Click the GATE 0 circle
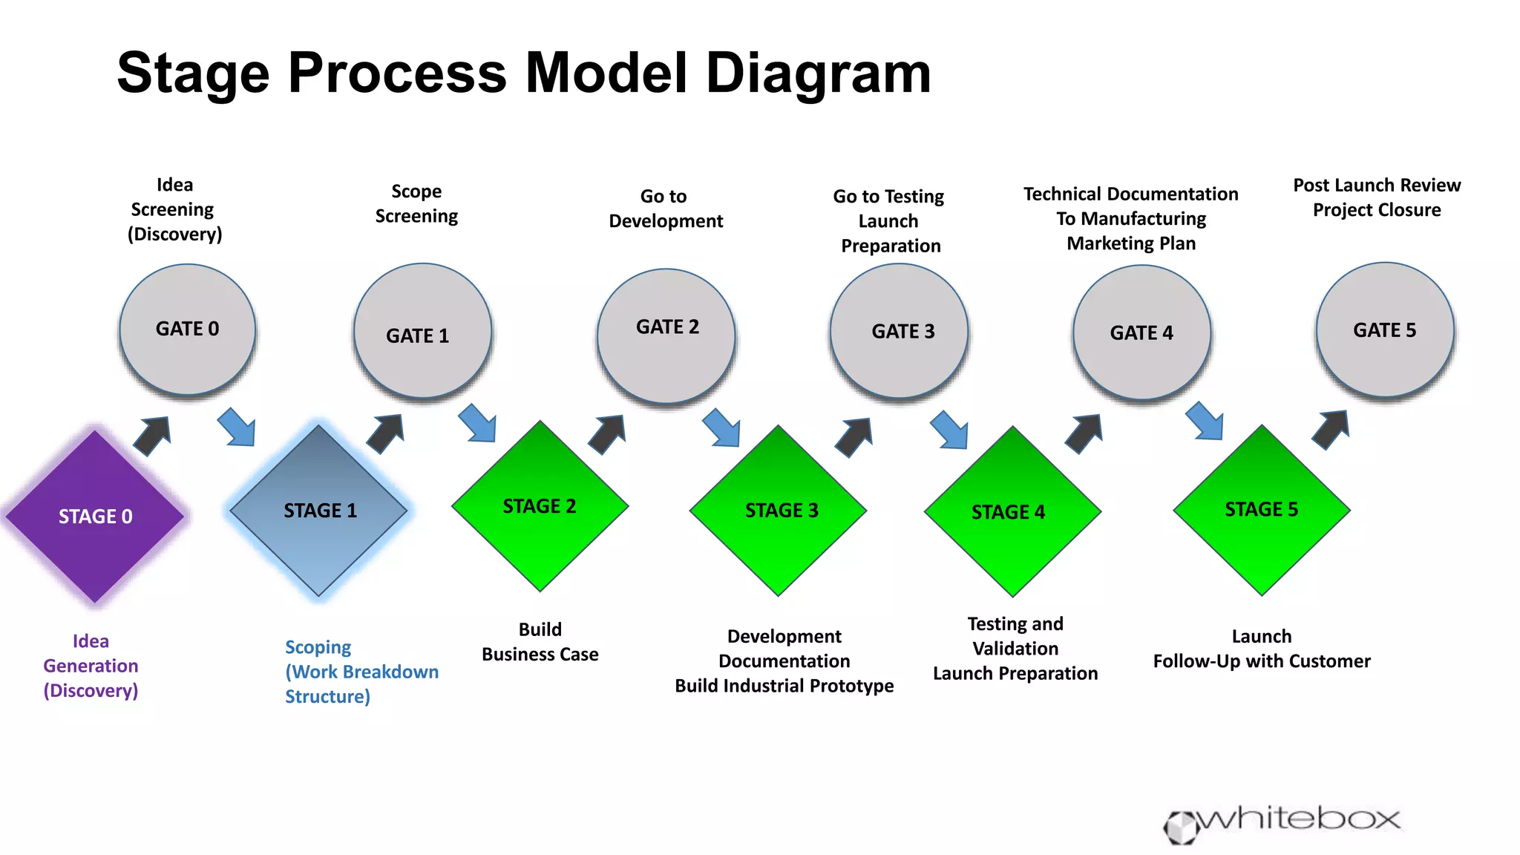187,329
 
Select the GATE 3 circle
899,331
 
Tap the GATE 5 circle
1385,330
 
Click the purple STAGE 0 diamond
95,517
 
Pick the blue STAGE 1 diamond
319,511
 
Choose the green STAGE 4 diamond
1012,512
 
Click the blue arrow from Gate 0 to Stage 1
237,427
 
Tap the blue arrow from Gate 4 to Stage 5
1205,422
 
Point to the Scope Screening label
416,203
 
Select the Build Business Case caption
540,641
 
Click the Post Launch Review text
1377,185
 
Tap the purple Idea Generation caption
91,665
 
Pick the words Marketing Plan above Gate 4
1131,243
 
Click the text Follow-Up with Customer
1262,661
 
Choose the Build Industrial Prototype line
784,686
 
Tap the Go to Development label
665,209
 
